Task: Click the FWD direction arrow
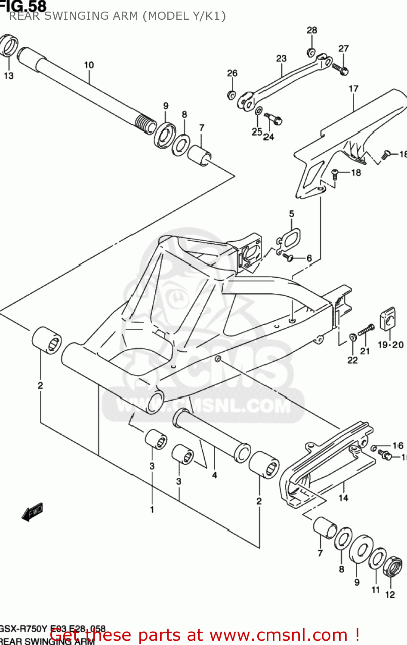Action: point(33,512)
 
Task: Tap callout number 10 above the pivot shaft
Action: point(89,65)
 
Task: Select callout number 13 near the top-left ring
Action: point(9,76)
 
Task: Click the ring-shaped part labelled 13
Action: point(9,46)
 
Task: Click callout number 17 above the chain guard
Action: point(353,89)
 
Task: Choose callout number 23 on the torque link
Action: point(281,58)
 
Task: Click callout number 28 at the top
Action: point(311,30)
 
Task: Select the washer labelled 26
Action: point(231,95)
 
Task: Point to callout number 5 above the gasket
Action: point(291,214)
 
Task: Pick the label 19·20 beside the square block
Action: point(390,344)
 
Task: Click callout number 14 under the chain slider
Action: point(343,498)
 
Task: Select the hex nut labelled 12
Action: point(392,566)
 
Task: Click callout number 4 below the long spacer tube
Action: point(214,475)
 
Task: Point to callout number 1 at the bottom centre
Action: point(152,510)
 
